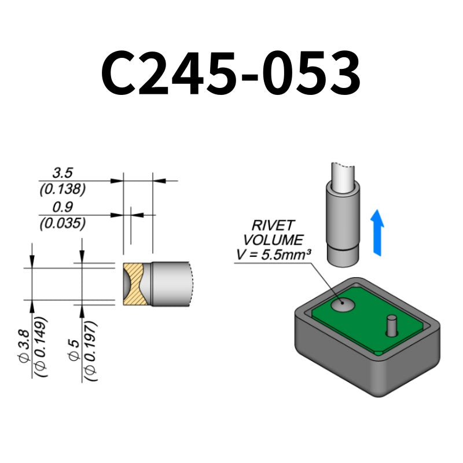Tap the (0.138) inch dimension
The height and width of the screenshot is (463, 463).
tap(62, 189)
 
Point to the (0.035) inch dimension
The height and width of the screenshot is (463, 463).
tap(62, 223)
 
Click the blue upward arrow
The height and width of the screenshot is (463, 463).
tap(377, 232)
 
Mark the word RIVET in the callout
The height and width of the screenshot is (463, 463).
tap(273, 226)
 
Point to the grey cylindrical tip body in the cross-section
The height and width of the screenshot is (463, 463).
tap(171, 284)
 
